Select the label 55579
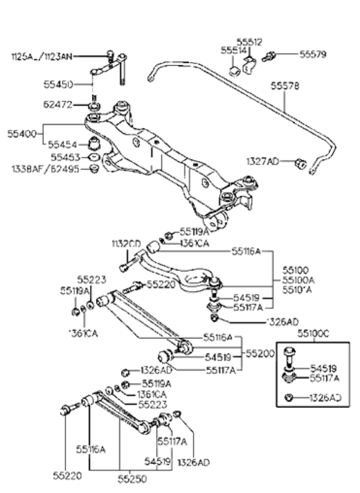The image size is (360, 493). click(x=313, y=54)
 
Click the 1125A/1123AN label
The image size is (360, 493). click(x=41, y=57)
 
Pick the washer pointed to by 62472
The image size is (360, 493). click(x=93, y=106)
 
